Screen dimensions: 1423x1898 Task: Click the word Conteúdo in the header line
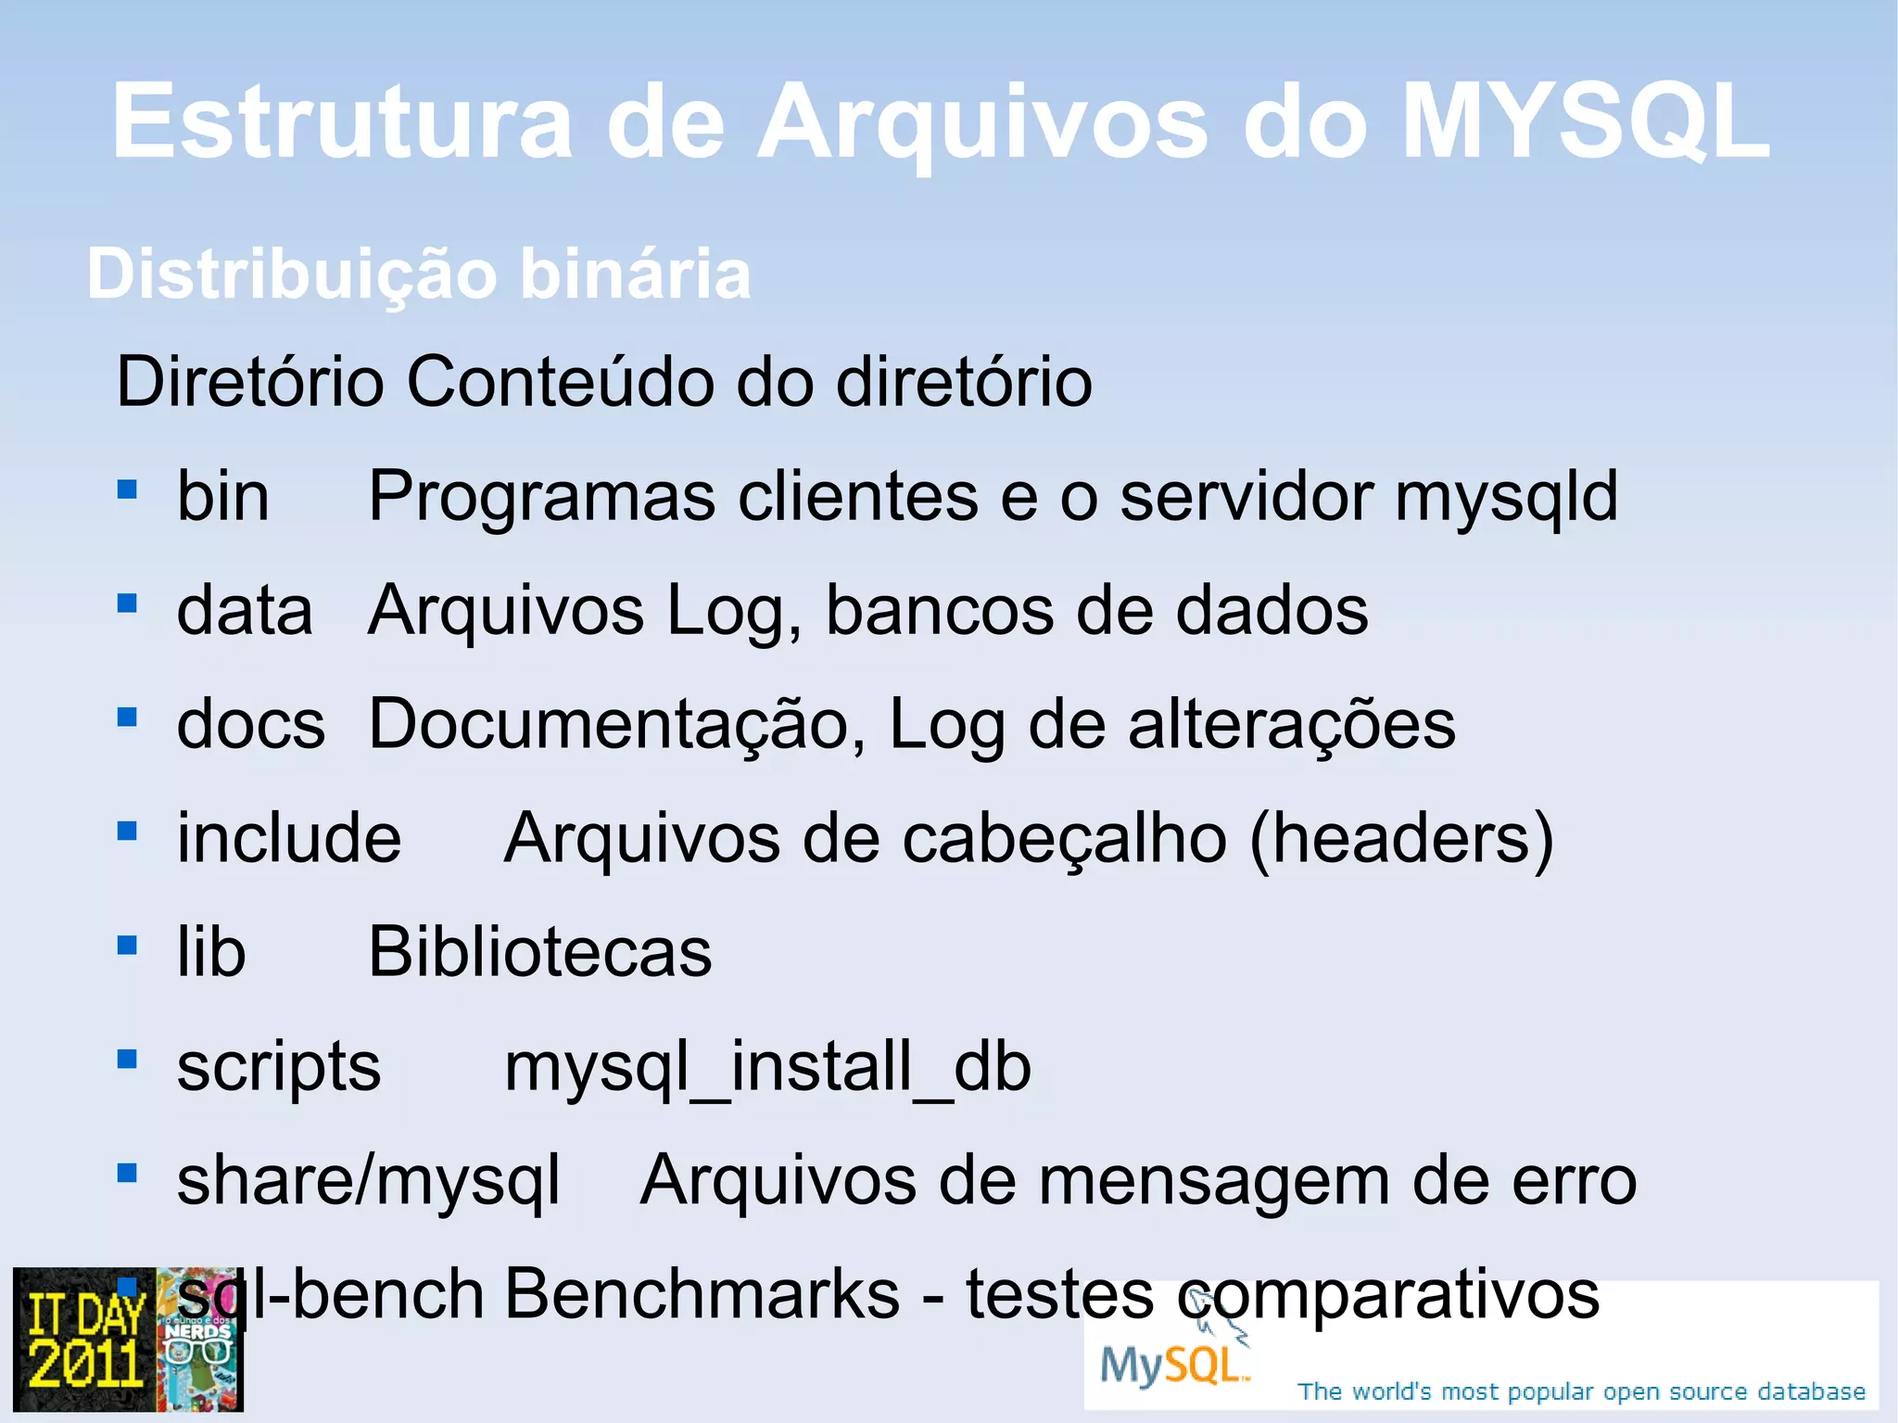tap(559, 381)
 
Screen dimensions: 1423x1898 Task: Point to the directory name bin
tap(222, 497)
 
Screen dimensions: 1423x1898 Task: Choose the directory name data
tap(244, 611)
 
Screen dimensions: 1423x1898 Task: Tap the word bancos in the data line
tap(939, 611)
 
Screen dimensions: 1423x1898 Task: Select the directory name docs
tap(250, 724)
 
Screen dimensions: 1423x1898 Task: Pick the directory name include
tap(289, 838)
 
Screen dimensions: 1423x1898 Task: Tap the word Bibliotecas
tap(540, 952)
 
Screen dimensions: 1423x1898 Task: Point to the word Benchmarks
tap(702, 1294)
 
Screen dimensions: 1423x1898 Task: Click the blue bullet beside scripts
tap(127, 1059)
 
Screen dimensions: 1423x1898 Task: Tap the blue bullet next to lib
tap(127, 945)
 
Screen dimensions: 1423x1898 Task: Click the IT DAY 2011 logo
tap(85, 1340)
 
